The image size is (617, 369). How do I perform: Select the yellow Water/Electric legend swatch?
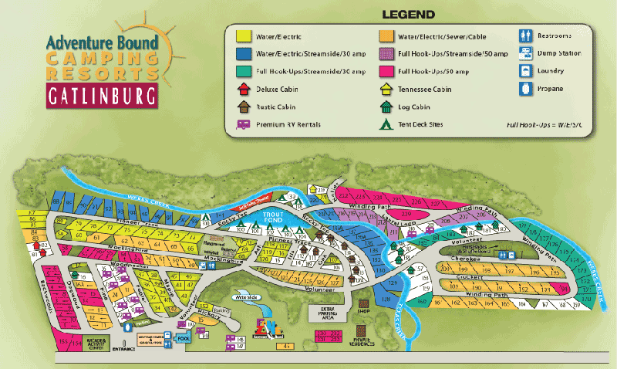click(x=241, y=35)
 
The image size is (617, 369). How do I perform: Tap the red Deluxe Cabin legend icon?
click(x=241, y=90)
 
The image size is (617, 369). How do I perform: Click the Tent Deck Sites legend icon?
click(x=384, y=124)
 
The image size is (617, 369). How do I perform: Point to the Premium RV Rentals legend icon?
click(x=241, y=124)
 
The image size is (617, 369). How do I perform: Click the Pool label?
click(x=184, y=338)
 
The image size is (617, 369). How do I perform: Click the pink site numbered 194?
click(x=565, y=289)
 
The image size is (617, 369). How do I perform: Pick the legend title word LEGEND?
click(x=408, y=14)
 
